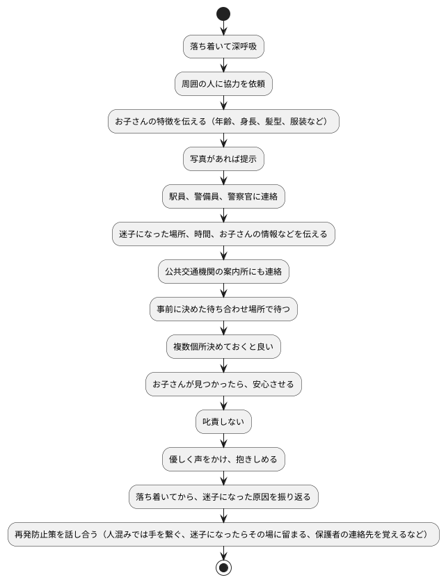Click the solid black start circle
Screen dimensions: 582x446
(x=223, y=13)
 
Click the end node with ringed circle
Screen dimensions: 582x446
(x=223, y=567)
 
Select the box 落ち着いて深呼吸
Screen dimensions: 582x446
(x=223, y=47)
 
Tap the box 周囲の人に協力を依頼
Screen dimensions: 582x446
(x=223, y=84)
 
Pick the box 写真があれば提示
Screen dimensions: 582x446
(x=223, y=159)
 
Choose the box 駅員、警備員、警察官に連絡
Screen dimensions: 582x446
(x=223, y=197)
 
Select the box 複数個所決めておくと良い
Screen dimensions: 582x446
(x=223, y=347)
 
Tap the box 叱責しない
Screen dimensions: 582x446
(x=223, y=422)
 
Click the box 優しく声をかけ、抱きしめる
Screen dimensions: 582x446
(x=223, y=460)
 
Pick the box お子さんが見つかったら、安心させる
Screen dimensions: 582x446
(x=223, y=385)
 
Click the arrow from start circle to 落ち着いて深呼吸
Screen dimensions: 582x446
(x=223, y=27)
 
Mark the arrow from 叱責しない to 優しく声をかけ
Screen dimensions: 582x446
(x=223, y=441)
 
